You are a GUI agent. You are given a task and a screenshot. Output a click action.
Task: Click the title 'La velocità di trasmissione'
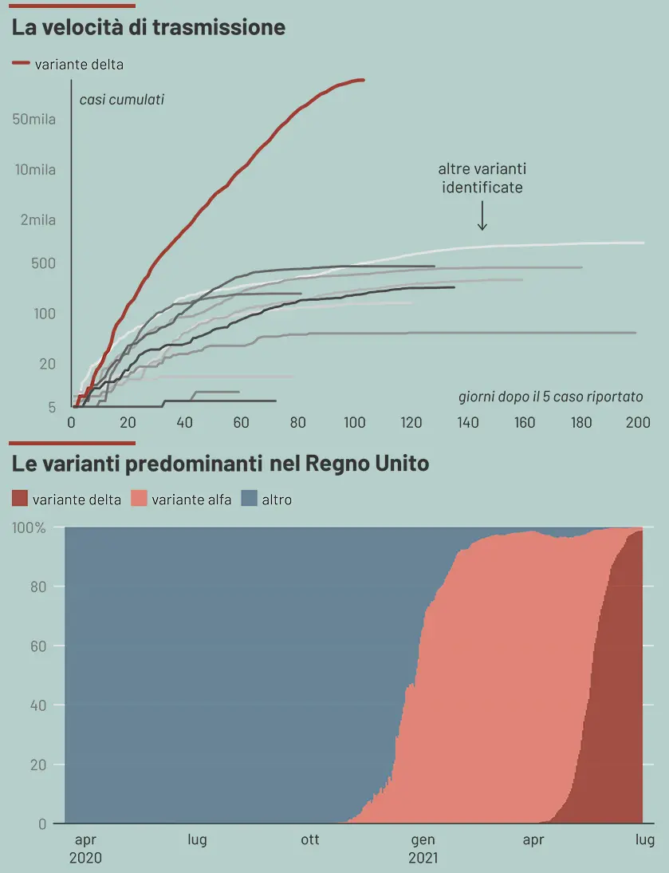[x=148, y=27]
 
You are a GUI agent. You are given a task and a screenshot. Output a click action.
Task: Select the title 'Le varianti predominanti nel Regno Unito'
[x=221, y=463]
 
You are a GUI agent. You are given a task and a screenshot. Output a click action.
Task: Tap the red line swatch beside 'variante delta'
[x=22, y=63]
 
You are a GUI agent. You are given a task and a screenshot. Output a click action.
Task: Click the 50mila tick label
[x=34, y=120]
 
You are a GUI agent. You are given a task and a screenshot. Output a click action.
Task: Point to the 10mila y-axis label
[x=34, y=170]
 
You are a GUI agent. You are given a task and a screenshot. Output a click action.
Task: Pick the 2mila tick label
[x=38, y=220]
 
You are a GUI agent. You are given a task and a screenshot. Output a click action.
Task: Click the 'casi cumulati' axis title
[x=121, y=100]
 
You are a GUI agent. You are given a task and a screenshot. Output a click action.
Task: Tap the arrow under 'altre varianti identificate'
[x=482, y=215]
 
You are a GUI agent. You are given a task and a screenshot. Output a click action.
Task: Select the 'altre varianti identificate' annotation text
[x=482, y=178]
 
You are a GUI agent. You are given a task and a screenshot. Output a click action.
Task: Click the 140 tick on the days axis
[x=468, y=423]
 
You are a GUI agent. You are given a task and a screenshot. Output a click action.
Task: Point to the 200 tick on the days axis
[x=638, y=423]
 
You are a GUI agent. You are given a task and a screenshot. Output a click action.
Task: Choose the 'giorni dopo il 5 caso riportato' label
[x=550, y=397]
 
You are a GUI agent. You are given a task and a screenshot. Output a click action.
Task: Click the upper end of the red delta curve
[x=363, y=80]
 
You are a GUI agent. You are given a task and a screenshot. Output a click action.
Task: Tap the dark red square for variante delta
[x=20, y=500]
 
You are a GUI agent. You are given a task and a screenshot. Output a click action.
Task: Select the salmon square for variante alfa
[x=139, y=500]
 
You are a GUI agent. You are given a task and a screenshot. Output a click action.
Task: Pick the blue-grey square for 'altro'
[x=249, y=500]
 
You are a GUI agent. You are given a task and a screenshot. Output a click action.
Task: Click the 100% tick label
[x=30, y=527]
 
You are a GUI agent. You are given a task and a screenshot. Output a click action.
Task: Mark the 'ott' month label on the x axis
[x=310, y=839]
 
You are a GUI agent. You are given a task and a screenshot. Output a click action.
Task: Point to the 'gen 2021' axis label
[x=423, y=849]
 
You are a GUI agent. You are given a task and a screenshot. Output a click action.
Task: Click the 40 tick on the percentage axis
[x=40, y=705]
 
